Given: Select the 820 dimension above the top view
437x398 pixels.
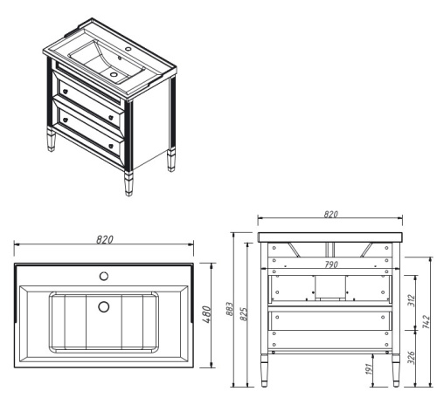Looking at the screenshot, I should [x=105, y=239].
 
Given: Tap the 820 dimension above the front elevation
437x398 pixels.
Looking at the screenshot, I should [x=331, y=214].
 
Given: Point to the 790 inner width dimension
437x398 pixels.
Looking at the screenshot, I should [x=331, y=264].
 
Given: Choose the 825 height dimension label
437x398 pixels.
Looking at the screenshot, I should [x=245, y=312].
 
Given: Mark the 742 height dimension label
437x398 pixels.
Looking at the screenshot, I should [x=427, y=320].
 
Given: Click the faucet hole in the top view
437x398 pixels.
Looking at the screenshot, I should [x=103, y=277].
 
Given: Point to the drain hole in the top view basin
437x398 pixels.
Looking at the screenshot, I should [x=103, y=306].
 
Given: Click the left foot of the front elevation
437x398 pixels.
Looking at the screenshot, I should [x=265, y=375].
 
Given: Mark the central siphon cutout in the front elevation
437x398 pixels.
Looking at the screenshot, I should [x=331, y=287].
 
